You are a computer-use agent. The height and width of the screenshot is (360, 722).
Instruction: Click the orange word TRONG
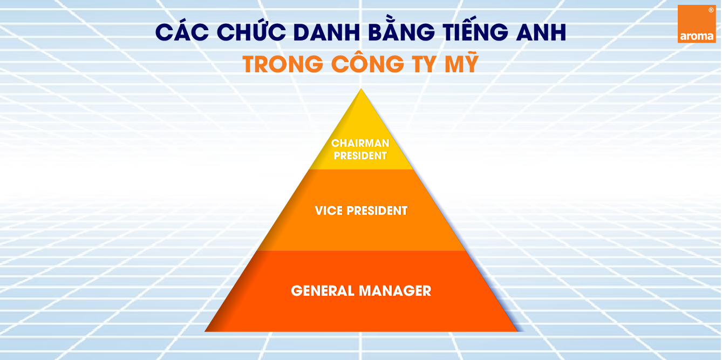(x=283, y=64)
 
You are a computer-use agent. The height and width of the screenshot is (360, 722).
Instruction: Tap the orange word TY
(x=424, y=64)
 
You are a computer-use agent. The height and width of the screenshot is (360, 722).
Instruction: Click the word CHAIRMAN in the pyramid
(x=360, y=143)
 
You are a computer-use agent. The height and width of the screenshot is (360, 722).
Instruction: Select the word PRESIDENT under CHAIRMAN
(x=360, y=155)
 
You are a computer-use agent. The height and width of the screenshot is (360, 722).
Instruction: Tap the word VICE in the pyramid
(x=329, y=211)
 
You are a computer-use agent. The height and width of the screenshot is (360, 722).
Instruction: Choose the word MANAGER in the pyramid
(x=395, y=291)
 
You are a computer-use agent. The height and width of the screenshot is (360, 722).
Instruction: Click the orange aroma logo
(x=697, y=24)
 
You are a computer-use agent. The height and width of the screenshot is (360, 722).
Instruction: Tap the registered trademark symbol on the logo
(x=711, y=10)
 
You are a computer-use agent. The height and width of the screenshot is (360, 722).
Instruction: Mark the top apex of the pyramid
(x=361, y=89)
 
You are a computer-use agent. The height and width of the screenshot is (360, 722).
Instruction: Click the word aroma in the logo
(x=697, y=36)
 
